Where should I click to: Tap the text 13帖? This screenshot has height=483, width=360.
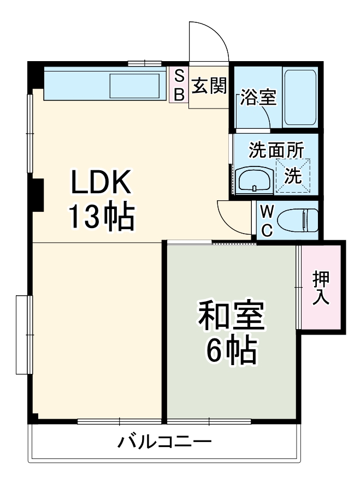point(101,217)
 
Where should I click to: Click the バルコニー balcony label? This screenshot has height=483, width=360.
point(165,441)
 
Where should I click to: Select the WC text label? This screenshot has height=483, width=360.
point(267,220)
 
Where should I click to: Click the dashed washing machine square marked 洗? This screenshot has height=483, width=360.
point(293,175)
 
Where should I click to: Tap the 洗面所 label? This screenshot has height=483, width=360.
point(276,148)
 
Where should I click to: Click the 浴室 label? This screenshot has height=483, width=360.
point(258,99)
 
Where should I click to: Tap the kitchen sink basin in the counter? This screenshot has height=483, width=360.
point(135,85)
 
